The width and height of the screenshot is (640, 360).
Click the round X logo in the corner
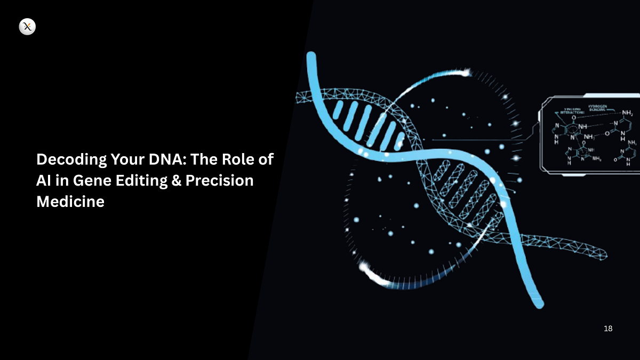pos(27,27)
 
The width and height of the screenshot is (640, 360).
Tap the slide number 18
pos(608,329)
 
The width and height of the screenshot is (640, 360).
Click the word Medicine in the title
pos(69,202)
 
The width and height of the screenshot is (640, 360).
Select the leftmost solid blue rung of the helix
pos(337,109)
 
